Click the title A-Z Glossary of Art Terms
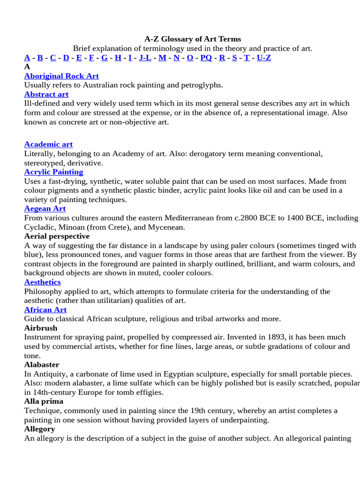point(192,39)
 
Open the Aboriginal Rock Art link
point(61,76)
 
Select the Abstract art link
point(46,94)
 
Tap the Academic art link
point(48,144)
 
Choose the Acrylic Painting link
point(53,172)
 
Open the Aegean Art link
point(45,209)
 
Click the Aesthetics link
point(42,282)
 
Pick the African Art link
point(45,310)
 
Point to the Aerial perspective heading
point(57,236)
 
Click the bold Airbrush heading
point(41,328)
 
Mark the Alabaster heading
point(42,365)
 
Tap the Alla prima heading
point(44,402)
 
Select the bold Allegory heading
point(40,429)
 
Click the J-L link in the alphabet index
point(145,58)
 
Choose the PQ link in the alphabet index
point(206,58)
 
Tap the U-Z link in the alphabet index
point(264,58)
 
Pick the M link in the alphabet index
point(162,58)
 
